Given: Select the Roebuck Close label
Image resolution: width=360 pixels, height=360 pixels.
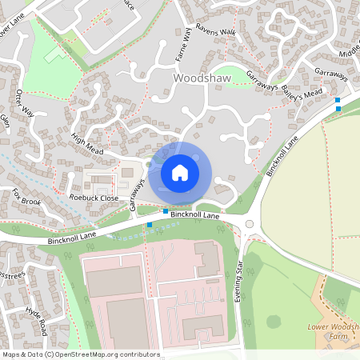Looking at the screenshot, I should [x=94, y=198].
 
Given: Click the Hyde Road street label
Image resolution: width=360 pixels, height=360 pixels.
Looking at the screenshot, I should [x=37, y=322].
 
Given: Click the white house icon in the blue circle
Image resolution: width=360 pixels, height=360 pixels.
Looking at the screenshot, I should [x=180, y=172].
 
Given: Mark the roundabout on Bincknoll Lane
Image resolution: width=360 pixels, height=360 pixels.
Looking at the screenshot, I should [x=249, y=224].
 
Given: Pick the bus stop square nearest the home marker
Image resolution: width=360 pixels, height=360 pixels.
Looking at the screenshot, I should [x=166, y=210].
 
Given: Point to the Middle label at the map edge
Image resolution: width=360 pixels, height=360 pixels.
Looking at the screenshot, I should [x=349, y=50].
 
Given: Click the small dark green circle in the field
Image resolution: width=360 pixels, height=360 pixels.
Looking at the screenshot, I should [x=274, y=321].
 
